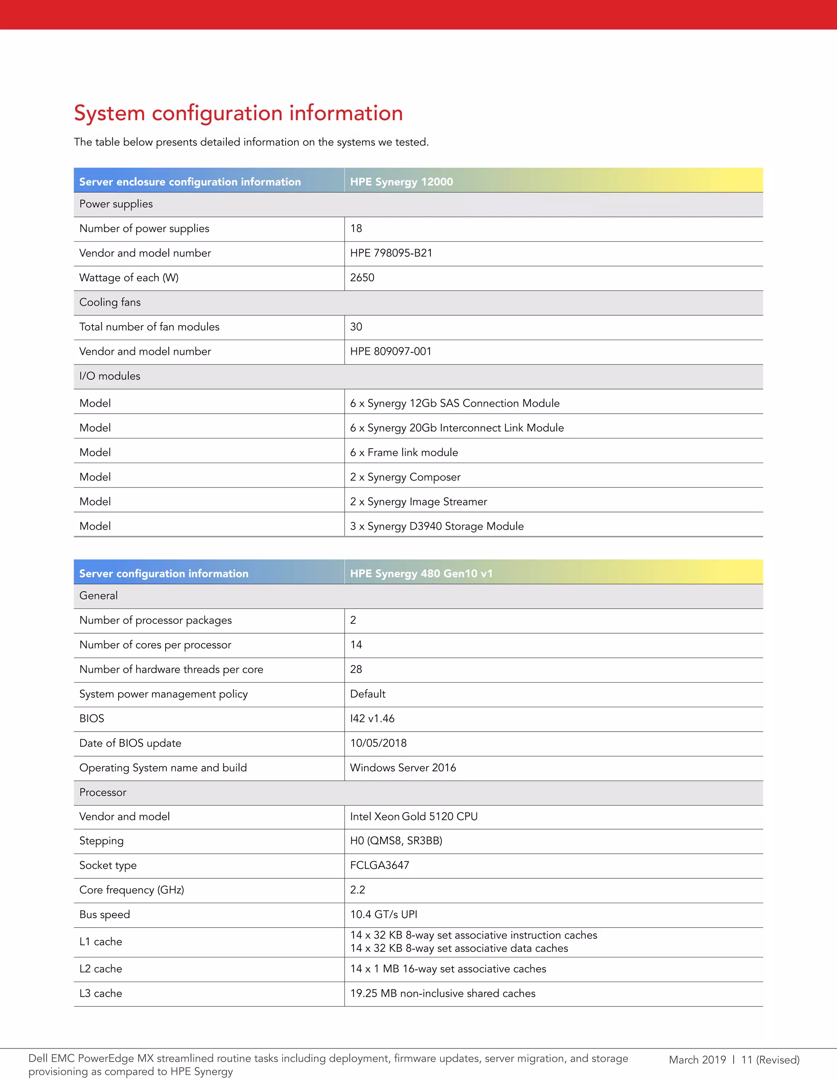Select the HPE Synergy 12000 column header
point(401,182)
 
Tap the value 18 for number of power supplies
point(356,228)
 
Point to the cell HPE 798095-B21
point(391,253)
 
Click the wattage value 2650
point(362,277)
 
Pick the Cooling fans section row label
point(110,302)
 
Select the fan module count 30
point(356,327)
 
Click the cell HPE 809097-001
point(390,351)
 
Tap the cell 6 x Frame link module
point(404,452)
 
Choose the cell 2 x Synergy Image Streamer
point(418,501)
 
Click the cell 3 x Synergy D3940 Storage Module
point(436,526)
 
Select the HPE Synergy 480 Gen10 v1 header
point(421,573)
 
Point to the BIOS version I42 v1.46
point(372,718)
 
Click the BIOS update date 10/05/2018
point(378,743)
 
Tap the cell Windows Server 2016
point(403,768)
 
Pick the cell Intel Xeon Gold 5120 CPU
point(414,817)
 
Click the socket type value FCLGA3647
point(379,865)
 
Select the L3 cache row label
point(101,993)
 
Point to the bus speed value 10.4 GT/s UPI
point(383,915)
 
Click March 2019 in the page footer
point(697,1060)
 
